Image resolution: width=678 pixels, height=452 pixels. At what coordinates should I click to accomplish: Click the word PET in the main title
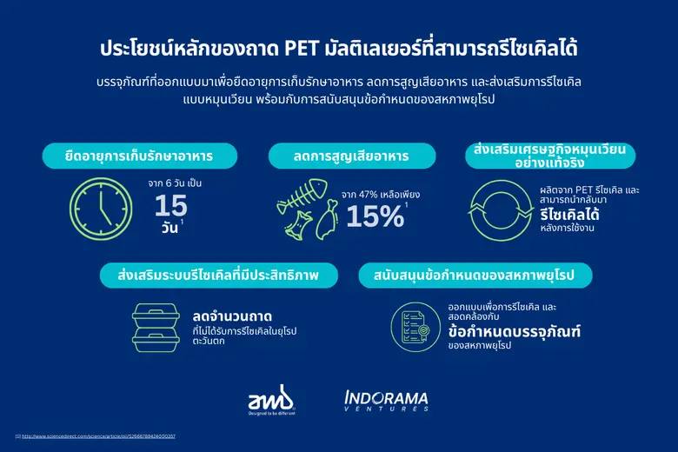pyautogui.click(x=301, y=48)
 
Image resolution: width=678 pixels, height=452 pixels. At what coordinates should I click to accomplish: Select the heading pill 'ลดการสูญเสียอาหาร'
pyautogui.click(x=351, y=156)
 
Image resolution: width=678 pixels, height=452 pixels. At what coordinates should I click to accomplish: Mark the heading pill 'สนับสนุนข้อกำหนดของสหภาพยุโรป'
pyautogui.click(x=476, y=276)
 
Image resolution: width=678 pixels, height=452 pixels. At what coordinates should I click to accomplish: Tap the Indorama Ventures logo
pyautogui.click(x=386, y=401)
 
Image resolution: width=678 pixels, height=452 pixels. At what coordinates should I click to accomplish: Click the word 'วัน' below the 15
pyautogui.click(x=167, y=228)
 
